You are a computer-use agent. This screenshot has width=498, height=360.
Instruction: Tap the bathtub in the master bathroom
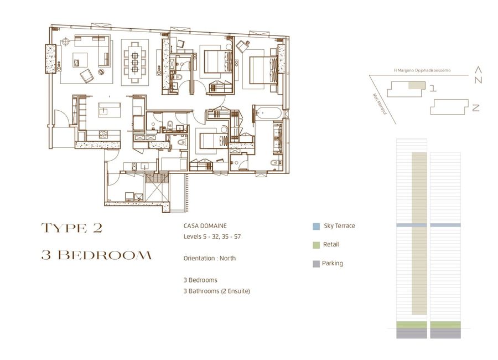(x=268, y=113)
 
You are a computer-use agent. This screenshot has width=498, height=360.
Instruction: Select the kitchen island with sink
(x=109, y=110)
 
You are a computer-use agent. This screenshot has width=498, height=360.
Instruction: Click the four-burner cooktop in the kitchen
(x=103, y=134)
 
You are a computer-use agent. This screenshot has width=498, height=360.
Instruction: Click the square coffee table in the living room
(x=80, y=60)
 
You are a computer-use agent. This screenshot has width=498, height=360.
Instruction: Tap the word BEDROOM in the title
(x=105, y=255)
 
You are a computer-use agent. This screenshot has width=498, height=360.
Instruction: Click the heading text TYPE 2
(x=72, y=228)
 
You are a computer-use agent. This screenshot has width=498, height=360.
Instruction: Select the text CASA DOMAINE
(x=205, y=226)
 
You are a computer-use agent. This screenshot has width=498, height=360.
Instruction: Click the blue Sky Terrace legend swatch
(x=316, y=227)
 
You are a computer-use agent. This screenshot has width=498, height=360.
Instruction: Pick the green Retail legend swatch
(x=316, y=245)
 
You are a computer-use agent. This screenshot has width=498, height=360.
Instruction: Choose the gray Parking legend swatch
(x=316, y=264)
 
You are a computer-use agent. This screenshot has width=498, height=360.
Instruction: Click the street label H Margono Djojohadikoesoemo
(x=422, y=70)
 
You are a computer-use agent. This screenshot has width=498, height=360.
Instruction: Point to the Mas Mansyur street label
(x=380, y=104)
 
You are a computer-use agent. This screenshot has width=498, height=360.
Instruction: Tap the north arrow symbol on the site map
(x=478, y=75)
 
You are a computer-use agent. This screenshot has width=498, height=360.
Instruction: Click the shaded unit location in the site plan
(x=416, y=85)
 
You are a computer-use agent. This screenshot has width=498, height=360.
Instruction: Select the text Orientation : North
(x=210, y=258)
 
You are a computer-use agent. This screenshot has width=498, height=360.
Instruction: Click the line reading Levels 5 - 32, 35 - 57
(x=212, y=236)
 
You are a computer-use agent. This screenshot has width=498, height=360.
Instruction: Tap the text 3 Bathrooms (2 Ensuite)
(x=216, y=291)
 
